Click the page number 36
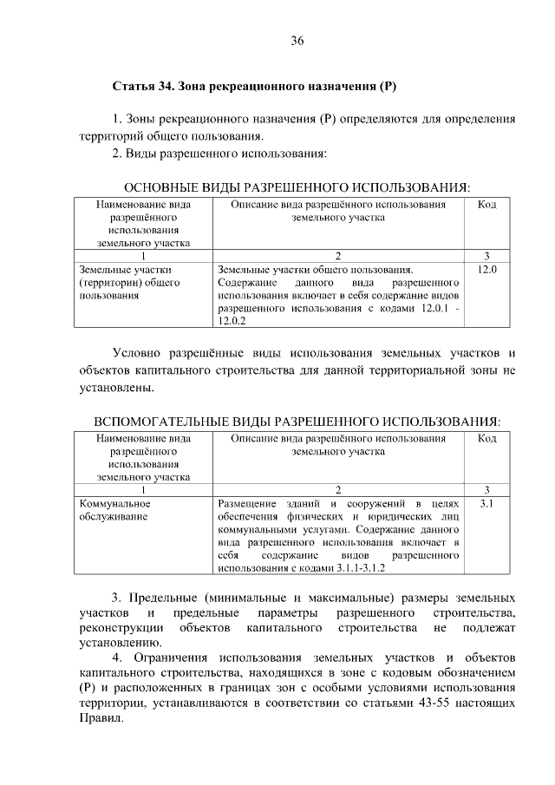pos(297,41)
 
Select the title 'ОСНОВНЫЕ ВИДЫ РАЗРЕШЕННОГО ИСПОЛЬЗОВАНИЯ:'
pos(297,186)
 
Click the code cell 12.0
pos(487,269)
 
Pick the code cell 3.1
pos(487,503)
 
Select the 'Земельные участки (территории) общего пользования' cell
pos(129,282)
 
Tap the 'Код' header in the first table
pos(487,205)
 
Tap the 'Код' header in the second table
pos(487,439)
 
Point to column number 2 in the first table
pos(338,256)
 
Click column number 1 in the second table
pos(143,490)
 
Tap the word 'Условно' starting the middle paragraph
pos(139,353)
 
